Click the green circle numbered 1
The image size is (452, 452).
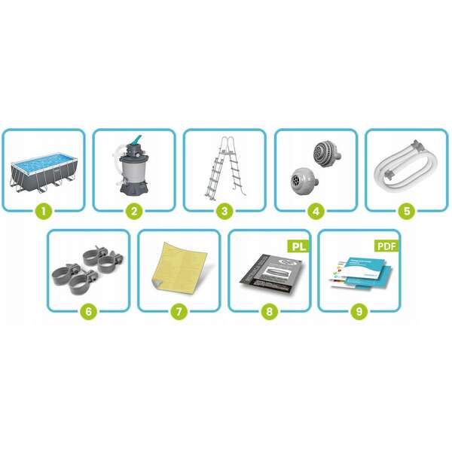[x=44, y=211]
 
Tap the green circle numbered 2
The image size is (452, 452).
[x=134, y=211]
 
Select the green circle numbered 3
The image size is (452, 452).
[x=224, y=211]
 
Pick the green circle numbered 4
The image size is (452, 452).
[x=315, y=211]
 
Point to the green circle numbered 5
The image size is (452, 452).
[x=406, y=211]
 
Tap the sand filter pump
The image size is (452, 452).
[x=133, y=167]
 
